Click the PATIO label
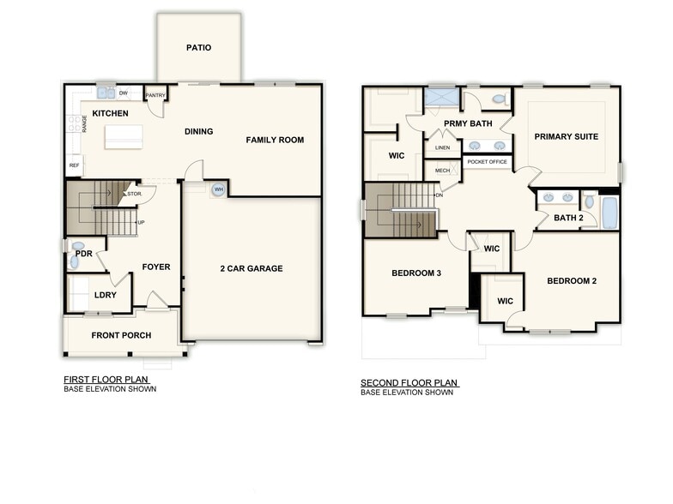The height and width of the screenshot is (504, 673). [198, 48]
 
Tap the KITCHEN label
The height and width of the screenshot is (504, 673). [111, 113]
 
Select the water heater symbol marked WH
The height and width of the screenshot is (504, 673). [219, 189]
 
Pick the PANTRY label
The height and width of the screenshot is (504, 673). [155, 95]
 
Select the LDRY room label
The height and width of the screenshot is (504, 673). [106, 296]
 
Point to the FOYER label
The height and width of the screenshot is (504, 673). [156, 267]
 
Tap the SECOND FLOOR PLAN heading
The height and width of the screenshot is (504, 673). [409, 383]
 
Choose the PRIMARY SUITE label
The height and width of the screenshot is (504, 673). [566, 137]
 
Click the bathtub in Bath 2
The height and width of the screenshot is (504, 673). [609, 213]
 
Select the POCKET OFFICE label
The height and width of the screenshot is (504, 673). [488, 161]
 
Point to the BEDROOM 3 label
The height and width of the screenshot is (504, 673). [416, 273]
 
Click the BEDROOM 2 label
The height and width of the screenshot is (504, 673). [571, 281]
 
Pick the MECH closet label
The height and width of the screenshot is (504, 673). [442, 171]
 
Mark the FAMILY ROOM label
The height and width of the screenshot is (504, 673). [275, 141]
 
